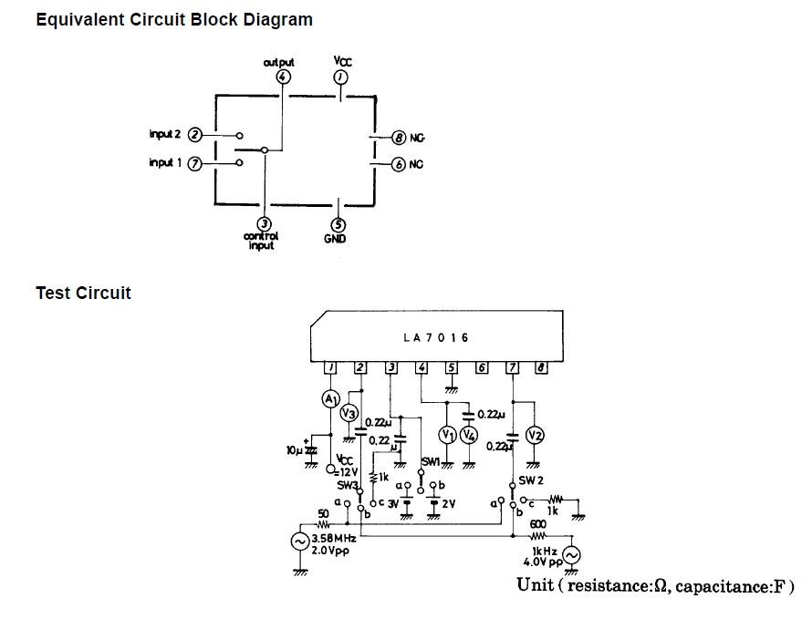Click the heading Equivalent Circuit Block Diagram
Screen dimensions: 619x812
coord(173,19)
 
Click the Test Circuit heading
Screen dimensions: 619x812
coord(83,293)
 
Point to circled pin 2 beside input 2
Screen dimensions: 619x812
coord(194,135)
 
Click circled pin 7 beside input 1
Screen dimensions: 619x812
coord(194,163)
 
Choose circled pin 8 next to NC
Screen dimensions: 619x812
coord(398,138)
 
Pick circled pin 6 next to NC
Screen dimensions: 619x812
coord(398,164)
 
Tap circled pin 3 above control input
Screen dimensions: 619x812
coord(264,223)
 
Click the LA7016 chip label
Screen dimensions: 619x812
coord(435,337)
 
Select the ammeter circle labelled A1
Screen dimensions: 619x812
coord(330,399)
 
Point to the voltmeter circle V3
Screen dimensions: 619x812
coord(348,413)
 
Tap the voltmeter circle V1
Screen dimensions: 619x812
coord(447,435)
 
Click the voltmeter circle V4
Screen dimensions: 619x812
coord(468,435)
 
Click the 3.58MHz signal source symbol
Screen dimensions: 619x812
coord(298,541)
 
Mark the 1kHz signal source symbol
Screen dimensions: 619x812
coord(572,555)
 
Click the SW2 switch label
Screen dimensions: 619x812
coord(532,480)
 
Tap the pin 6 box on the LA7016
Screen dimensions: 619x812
coord(482,367)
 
